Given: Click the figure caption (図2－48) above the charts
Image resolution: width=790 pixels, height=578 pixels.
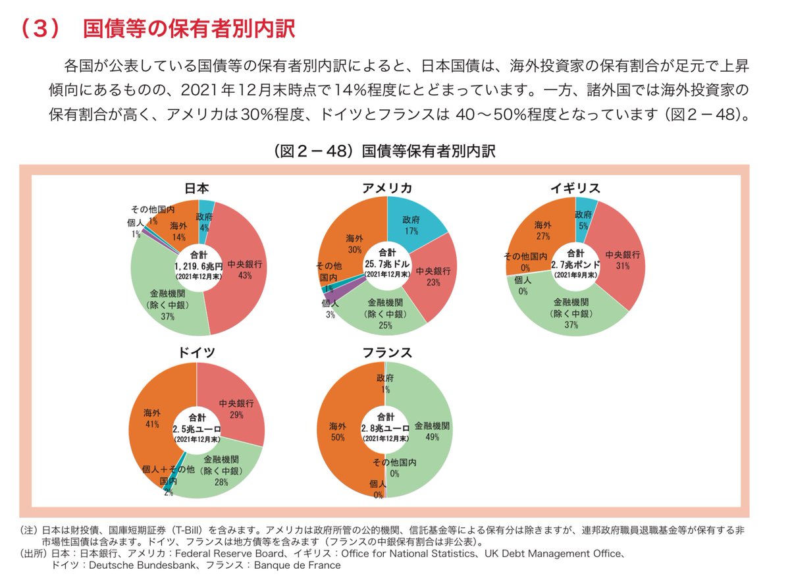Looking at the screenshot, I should pyautogui.click(x=385, y=151).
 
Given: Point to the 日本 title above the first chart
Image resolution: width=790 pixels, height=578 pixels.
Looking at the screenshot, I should pyautogui.click(x=197, y=188).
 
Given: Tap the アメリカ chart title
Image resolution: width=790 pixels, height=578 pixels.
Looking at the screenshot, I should pyautogui.click(x=387, y=188).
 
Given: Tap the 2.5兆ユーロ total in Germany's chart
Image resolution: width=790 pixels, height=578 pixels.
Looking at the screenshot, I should pyautogui.click(x=196, y=429).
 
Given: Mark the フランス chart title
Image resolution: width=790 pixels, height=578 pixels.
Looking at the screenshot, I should pyautogui.click(x=387, y=352).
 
